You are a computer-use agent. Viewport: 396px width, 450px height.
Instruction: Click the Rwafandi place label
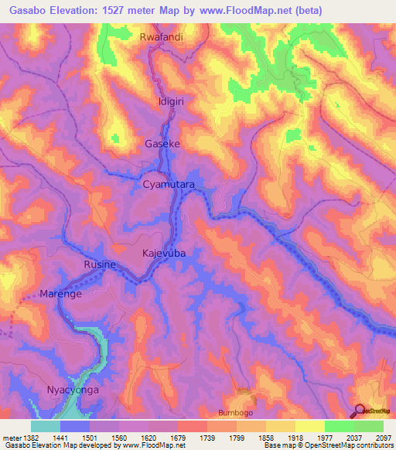(162, 37)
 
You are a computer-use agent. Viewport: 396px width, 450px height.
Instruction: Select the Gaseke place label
(162, 143)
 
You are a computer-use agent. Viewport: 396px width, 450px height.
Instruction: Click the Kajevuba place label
(164, 253)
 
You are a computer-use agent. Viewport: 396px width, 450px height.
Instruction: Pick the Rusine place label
(100, 264)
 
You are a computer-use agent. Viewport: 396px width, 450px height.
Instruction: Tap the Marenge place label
(62, 294)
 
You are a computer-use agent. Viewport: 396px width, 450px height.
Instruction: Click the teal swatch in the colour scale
(46, 426)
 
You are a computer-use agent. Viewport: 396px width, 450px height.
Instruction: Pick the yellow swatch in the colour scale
(309, 426)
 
